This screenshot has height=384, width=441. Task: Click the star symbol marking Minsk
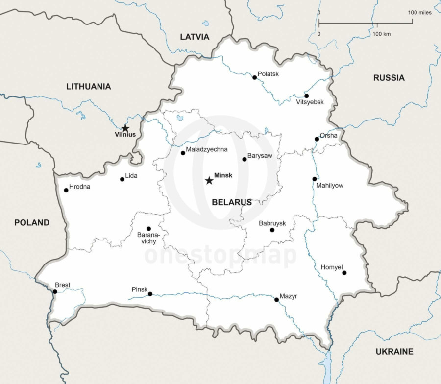pyautogui.click(x=209, y=181)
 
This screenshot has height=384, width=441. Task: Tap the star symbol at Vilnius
pyautogui.click(x=125, y=128)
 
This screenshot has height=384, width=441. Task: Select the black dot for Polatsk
pyautogui.click(x=254, y=77)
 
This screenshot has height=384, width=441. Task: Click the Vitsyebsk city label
pyautogui.click(x=310, y=102)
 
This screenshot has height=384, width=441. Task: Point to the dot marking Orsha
pyautogui.click(x=317, y=139)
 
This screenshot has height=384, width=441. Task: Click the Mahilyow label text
pyautogui.click(x=329, y=186)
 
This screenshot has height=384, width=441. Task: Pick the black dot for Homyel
pyautogui.click(x=344, y=273)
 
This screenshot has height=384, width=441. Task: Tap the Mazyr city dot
pyautogui.click(x=276, y=299)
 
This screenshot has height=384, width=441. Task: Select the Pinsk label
pyautogui.click(x=139, y=289)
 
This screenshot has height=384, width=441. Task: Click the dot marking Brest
pyautogui.click(x=55, y=292)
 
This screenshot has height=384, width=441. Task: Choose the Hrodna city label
pyautogui.click(x=79, y=187)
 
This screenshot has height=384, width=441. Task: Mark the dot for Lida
pyautogui.click(x=122, y=179)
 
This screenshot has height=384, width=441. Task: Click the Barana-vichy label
pyautogui.click(x=147, y=238)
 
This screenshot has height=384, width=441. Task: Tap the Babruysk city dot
pyautogui.click(x=272, y=230)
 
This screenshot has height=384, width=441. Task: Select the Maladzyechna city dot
pyautogui.click(x=183, y=153)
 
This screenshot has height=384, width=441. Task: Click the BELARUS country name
pyautogui.click(x=232, y=202)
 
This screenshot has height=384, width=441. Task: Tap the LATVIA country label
pyautogui.click(x=195, y=37)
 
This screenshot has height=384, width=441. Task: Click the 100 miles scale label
pyautogui.click(x=420, y=13)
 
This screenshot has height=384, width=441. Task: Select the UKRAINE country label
pyautogui.click(x=394, y=351)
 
